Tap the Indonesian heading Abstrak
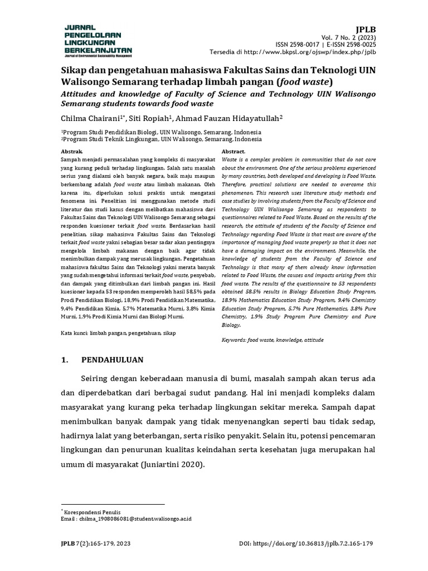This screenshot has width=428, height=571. coord(71,152)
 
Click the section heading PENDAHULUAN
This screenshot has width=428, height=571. coord(113,360)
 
